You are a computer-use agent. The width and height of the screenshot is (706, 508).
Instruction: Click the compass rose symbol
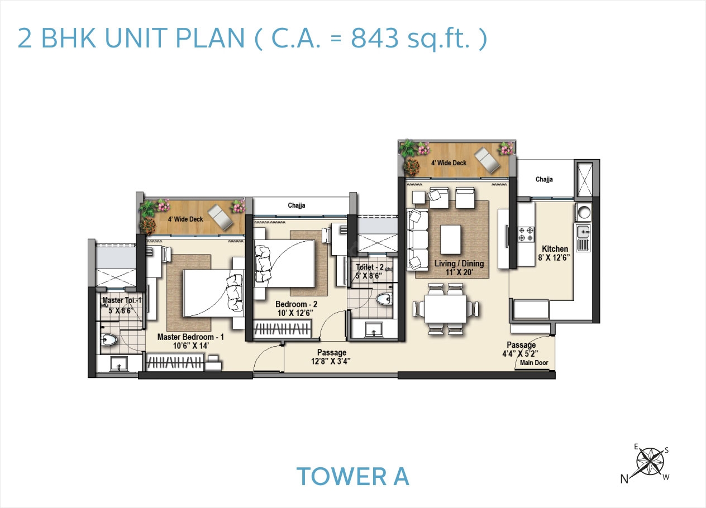(x=650, y=461)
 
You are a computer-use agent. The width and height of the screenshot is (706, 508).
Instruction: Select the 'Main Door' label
(x=534, y=363)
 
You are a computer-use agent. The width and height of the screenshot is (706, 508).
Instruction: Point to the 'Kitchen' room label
(x=555, y=249)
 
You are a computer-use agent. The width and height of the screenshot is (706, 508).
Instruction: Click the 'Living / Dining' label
(x=459, y=264)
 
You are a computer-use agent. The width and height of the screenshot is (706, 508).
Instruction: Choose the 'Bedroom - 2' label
(x=296, y=304)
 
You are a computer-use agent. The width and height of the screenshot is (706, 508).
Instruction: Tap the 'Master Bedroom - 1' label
(x=190, y=337)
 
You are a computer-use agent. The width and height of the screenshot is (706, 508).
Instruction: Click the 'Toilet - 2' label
(x=370, y=267)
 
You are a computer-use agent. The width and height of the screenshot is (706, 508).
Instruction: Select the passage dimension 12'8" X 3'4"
(x=331, y=361)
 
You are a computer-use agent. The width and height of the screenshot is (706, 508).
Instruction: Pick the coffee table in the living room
(x=450, y=238)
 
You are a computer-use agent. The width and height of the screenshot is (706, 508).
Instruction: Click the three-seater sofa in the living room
(x=417, y=238)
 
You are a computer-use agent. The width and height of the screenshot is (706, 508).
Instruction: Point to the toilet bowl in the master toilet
(x=109, y=339)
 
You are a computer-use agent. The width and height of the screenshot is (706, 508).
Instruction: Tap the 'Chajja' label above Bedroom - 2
(x=297, y=205)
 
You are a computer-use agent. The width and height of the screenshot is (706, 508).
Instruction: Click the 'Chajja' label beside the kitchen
(x=544, y=179)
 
